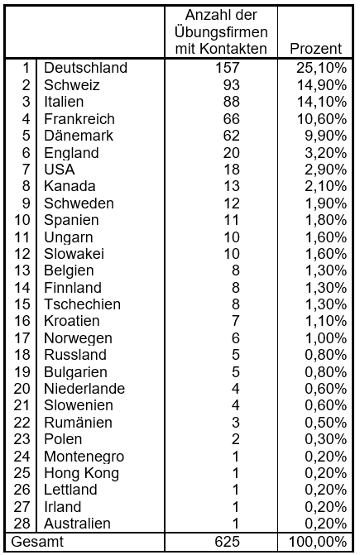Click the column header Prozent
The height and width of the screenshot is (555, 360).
click(x=315, y=50)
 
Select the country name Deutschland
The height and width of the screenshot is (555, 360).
click(x=85, y=68)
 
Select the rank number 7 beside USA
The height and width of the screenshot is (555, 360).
click(x=26, y=170)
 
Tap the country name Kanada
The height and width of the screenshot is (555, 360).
click(x=69, y=186)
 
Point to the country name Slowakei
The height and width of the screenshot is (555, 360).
click(x=75, y=254)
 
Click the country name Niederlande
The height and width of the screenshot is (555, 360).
click(x=84, y=389)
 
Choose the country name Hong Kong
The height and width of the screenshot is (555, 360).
click(x=81, y=473)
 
